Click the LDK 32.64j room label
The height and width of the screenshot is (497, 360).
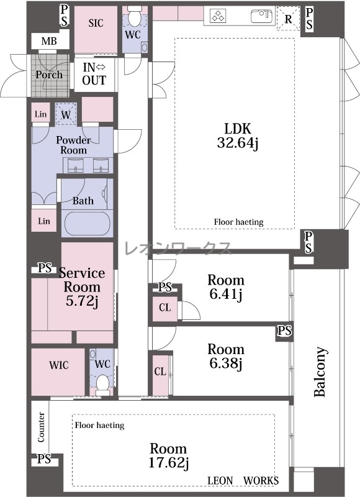click(x=238, y=135)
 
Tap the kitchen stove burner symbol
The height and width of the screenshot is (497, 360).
click(x=218, y=16)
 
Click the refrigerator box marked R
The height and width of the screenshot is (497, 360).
click(x=288, y=19)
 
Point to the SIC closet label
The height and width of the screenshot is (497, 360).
click(x=96, y=23)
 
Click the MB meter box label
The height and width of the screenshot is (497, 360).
click(x=49, y=41)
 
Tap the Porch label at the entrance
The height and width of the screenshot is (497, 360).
click(x=49, y=75)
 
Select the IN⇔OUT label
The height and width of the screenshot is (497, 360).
click(x=94, y=74)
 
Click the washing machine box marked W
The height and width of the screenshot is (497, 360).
click(x=66, y=114)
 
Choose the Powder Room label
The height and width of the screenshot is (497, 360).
click(x=73, y=145)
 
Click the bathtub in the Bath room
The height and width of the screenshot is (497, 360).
click(x=88, y=223)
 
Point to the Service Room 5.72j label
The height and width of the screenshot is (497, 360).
click(x=82, y=287)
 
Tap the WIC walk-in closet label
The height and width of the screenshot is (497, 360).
click(x=58, y=365)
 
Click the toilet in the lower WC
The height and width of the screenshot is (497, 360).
click(x=102, y=384)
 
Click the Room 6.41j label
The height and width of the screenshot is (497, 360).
click(x=226, y=287)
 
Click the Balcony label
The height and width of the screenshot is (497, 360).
click(x=320, y=372)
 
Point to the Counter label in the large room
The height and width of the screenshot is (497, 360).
click(x=41, y=427)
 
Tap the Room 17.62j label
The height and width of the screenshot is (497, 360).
click(x=168, y=456)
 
